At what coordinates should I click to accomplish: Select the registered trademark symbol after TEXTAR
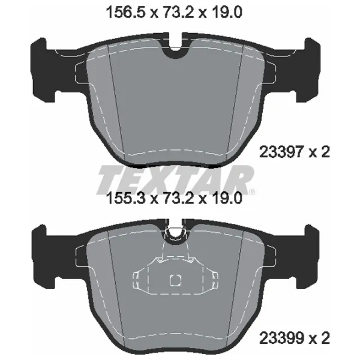point(253,191)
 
